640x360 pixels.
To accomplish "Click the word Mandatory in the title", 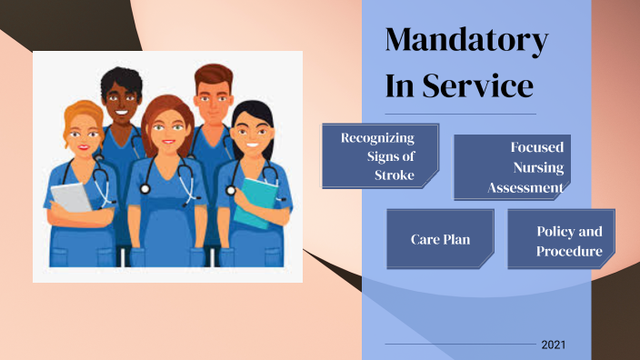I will pyautogui.click(x=466, y=41).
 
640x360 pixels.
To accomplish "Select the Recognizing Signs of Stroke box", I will pyautogui.click(x=380, y=156).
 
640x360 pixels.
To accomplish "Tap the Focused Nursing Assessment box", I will pyautogui.click(x=512, y=167).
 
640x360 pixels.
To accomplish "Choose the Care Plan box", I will pyautogui.click(x=440, y=239).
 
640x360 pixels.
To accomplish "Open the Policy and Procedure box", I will pyautogui.click(x=561, y=239).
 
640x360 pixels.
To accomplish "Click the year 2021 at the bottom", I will pyautogui.click(x=554, y=345).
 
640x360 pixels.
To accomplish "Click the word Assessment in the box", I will pyautogui.click(x=525, y=188).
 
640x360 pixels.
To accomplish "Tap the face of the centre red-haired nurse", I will pyautogui.click(x=167, y=126).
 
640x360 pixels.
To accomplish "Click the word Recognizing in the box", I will pyautogui.click(x=377, y=138).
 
